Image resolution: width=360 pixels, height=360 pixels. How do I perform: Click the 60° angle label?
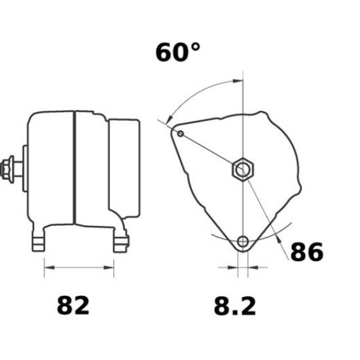pos(177,52)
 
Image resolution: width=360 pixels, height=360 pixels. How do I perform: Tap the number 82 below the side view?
pos(73,305)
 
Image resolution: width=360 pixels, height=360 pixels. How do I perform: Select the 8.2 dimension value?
pos(235,305)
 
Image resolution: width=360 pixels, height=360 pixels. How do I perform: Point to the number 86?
pos(306,251)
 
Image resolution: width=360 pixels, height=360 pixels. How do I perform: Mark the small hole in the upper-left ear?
pos(181,134)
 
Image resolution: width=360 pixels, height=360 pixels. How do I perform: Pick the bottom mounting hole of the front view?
pos(243,242)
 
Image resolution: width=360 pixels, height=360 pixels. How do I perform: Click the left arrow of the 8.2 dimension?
pos(233,268)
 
